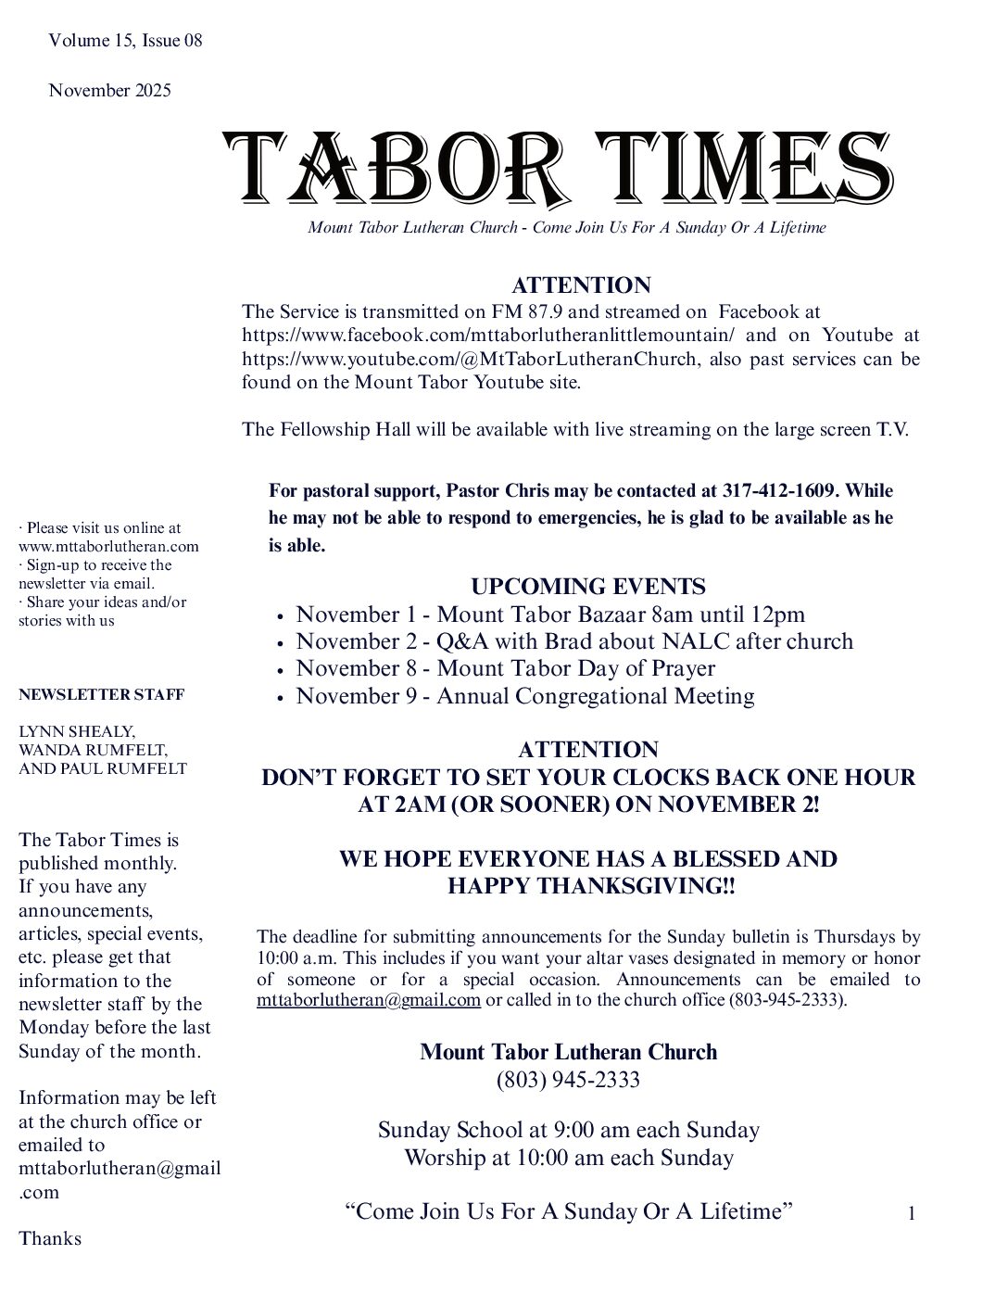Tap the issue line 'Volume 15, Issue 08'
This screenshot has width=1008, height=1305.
[125, 40]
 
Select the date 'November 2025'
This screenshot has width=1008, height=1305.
[109, 90]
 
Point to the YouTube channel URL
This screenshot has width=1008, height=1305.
[469, 359]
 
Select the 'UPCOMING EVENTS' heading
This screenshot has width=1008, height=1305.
[587, 587]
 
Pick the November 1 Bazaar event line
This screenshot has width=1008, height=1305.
[550, 614]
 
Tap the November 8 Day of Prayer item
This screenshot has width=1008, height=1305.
[505, 668]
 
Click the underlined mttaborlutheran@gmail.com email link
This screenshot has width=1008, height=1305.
[369, 1000]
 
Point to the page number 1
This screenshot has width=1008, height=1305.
[912, 1213]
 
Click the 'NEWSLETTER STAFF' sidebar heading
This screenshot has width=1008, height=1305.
[101, 694]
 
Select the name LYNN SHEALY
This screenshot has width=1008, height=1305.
[76, 731]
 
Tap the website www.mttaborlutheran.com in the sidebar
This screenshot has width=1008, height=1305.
[108, 546]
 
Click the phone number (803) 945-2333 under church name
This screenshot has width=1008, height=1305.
[568, 1080]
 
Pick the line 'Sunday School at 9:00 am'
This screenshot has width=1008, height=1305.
[568, 1130]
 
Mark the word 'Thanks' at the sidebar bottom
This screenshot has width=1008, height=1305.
[50, 1238]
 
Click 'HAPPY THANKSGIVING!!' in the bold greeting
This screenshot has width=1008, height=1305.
[591, 886]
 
